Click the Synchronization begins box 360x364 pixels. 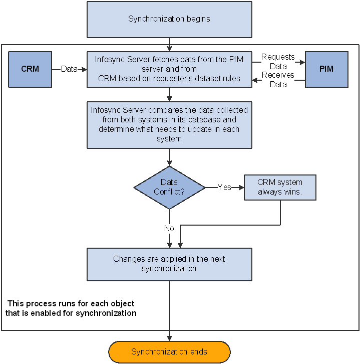(169, 20)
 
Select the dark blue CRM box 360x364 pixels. (30, 69)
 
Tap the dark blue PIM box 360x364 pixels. (326, 69)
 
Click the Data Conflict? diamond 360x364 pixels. (169, 188)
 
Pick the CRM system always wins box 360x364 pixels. (280, 188)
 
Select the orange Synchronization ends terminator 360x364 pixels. (169, 352)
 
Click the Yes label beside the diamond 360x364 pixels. (224, 187)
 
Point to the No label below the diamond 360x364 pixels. (169, 228)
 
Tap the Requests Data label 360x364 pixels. (278, 62)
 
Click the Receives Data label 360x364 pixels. (278, 80)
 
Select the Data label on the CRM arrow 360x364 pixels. (69, 69)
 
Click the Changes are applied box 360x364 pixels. (169, 264)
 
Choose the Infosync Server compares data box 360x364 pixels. (169, 125)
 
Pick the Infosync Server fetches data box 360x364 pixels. (169, 69)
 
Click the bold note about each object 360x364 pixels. (71, 308)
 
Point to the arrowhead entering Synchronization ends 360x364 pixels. (169, 338)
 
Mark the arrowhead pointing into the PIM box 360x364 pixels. (302, 62)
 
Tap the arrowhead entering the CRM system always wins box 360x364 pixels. (241, 188)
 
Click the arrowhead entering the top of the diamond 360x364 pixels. (169, 163)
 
